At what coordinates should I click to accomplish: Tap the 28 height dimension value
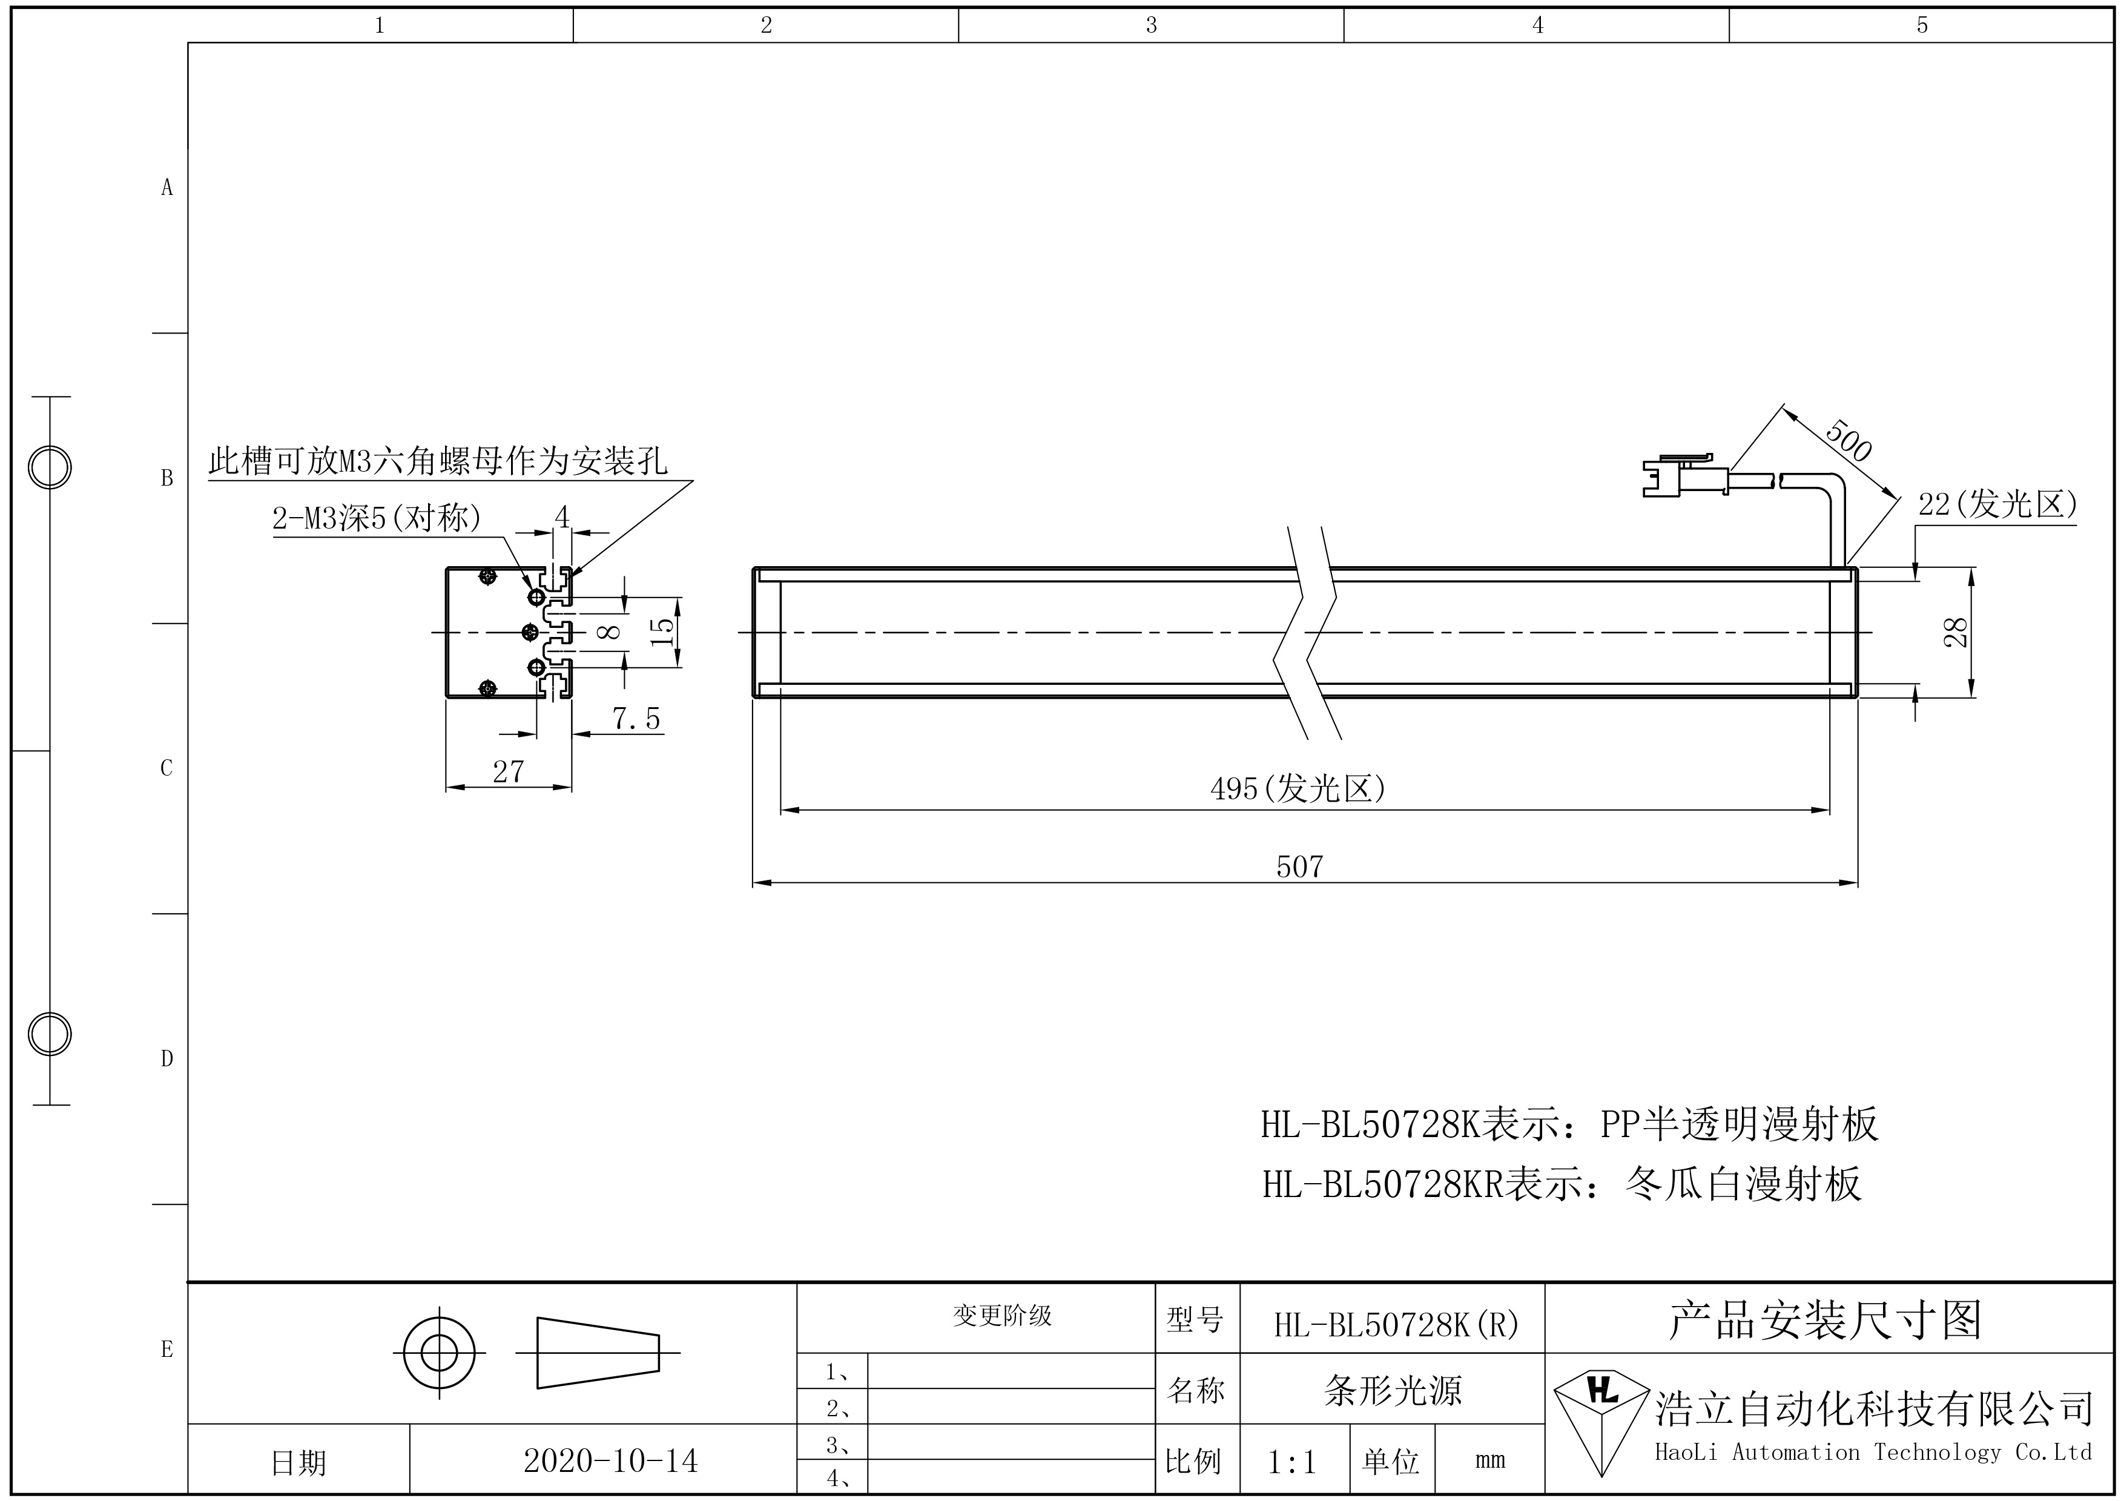pyautogui.click(x=1956, y=633)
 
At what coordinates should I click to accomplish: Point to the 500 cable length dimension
pyautogui.click(x=1849, y=441)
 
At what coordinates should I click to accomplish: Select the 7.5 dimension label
pyautogui.click(x=636, y=719)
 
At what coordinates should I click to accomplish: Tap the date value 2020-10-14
pyautogui.click(x=610, y=1461)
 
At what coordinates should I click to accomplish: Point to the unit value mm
pyautogui.click(x=1490, y=1461)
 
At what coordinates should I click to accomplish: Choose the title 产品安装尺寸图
pyautogui.click(x=1825, y=1320)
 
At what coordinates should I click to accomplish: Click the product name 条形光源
pyautogui.click(x=1392, y=1391)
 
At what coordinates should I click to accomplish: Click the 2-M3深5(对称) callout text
pyautogui.click(x=377, y=518)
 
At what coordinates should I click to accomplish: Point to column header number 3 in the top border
pyautogui.click(x=1151, y=25)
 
